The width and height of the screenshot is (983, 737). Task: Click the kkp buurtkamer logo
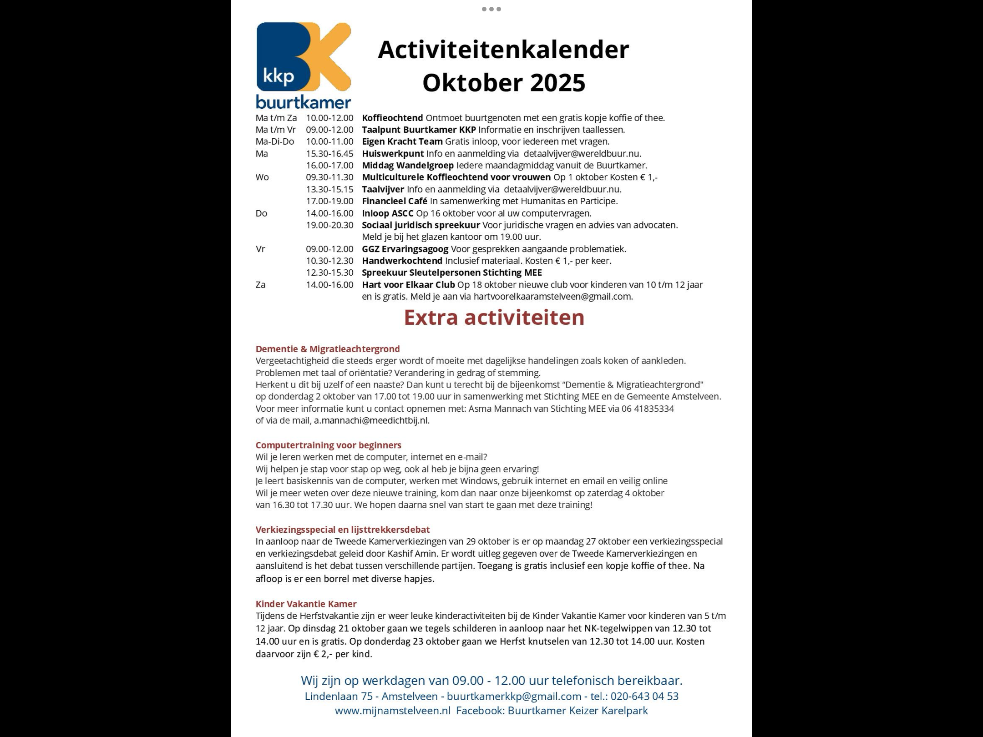pyautogui.click(x=304, y=65)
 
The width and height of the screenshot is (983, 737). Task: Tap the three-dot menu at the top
pyautogui.click(x=491, y=9)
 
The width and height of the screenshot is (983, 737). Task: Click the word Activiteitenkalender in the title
pyautogui.click(x=503, y=50)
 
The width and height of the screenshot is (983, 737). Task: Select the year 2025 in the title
pyautogui.click(x=557, y=83)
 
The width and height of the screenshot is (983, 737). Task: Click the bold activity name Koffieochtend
pyautogui.click(x=392, y=118)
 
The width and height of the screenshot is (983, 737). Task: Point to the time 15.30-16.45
pyautogui.click(x=329, y=154)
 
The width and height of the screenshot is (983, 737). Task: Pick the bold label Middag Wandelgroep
pyautogui.click(x=408, y=166)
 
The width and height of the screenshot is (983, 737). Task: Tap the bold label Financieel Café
pyautogui.click(x=395, y=201)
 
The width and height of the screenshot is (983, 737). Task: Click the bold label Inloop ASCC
pyautogui.click(x=388, y=213)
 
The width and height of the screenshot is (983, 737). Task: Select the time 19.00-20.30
pyautogui.click(x=329, y=225)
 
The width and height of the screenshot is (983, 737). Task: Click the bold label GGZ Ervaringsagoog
pyautogui.click(x=405, y=249)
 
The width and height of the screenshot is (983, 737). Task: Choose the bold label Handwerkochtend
pyautogui.click(x=402, y=261)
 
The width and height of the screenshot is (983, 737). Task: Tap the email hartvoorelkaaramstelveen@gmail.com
pyautogui.click(x=552, y=297)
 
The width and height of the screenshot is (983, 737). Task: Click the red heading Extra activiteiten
pyautogui.click(x=494, y=318)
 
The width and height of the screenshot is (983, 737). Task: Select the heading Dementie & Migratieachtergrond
pyautogui.click(x=328, y=349)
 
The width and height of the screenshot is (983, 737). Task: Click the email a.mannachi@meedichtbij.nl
pyautogui.click(x=371, y=420)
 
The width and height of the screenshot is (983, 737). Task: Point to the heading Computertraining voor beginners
pyautogui.click(x=328, y=445)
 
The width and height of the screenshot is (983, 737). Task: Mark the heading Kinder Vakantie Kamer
pyautogui.click(x=306, y=604)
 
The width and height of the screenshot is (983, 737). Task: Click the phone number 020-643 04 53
pyautogui.click(x=644, y=697)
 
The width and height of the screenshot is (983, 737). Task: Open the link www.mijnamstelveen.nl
pyautogui.click(x=392, y=711)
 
